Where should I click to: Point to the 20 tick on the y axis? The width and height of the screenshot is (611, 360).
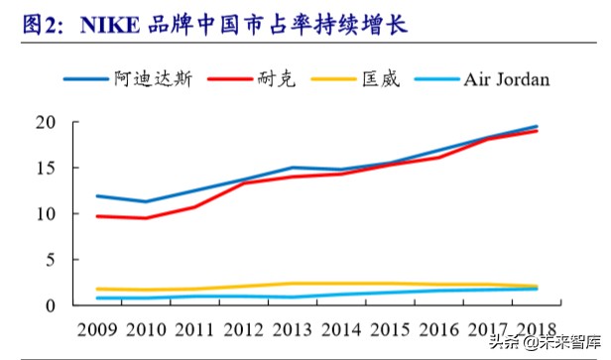(55, 123)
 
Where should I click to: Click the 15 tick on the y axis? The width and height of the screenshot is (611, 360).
(55, 169)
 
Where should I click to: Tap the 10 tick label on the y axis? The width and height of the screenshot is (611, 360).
(55, 214)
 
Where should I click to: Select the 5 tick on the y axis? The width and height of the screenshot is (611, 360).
(60, 260)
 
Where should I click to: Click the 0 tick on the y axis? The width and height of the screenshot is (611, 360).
(60, 305)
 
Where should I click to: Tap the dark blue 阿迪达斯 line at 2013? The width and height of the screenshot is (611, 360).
(294, 169)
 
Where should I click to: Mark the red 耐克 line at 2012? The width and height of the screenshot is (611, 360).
(245, 183)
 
